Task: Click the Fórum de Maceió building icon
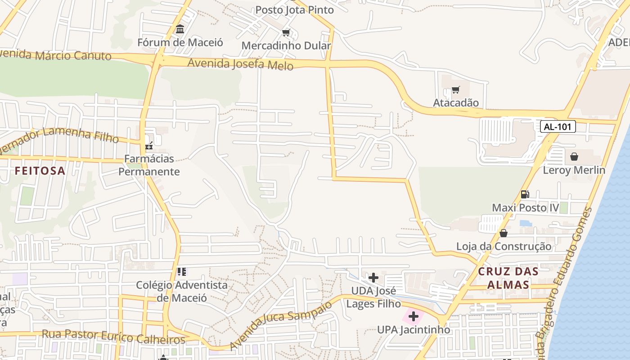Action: coord(180,29)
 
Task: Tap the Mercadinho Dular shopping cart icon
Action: coord(286,32)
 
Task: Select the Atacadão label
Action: coord(456,103)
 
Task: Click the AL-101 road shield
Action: coord(558,126)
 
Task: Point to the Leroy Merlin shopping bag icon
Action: coord(574,157)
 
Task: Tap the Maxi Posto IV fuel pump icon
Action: coord(525,194)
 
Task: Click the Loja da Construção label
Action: coord(504,247)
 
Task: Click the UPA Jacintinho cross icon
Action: coord(414,316)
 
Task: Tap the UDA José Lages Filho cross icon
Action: coord(373,278)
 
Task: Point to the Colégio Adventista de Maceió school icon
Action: coord(182,271)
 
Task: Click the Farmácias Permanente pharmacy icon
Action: coord(149,145)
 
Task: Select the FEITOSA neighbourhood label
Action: coord(40,171)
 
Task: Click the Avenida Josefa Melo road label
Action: coord(240,64)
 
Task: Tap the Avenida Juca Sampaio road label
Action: coord(281,325)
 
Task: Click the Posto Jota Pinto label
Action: coord(295,10)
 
